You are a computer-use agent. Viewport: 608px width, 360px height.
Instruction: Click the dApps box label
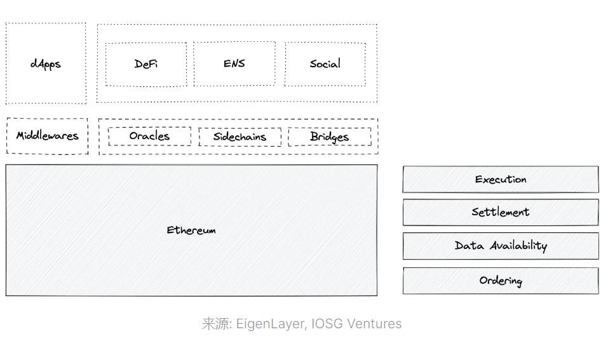[x=46, y=64]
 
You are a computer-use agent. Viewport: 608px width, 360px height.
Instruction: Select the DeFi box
[x=146, y=64]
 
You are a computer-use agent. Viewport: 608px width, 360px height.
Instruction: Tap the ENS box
[x=234, y=63]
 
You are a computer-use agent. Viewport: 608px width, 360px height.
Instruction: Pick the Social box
[x=325, y=64]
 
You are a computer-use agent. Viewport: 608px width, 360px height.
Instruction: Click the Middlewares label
[x=48, y=136]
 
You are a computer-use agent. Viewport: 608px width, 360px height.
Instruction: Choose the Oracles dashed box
[x=149, y=137]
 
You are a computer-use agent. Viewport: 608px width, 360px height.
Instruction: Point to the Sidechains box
[x=240, y=137]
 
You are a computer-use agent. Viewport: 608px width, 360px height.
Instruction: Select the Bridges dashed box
[x=329, y=137]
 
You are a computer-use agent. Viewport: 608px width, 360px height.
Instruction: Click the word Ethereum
[x=191, y=230]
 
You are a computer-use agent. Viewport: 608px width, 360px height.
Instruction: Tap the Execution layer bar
[x=501, y=180]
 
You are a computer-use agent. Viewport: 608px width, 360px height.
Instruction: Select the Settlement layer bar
[x=501, y=213]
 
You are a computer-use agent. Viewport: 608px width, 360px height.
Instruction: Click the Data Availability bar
[x=501, y=246]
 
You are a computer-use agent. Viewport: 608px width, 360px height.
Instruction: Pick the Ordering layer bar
[x=501, y=281]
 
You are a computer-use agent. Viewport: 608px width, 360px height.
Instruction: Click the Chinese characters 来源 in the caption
[x=215, y=324]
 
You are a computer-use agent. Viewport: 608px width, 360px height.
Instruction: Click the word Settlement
[x=501, y=213]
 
